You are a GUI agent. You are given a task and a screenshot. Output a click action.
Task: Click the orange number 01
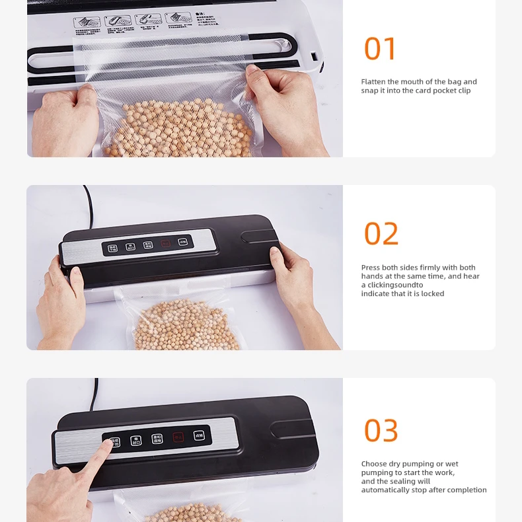(380, 49)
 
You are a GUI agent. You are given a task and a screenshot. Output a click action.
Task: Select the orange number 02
(381, 234)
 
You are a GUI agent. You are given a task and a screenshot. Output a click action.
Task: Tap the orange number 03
(381, 431)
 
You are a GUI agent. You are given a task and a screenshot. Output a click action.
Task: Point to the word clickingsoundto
(395, 285)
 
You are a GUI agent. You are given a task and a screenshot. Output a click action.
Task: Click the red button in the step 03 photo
(178, 437)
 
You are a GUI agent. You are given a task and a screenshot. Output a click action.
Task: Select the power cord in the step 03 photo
(96, 392)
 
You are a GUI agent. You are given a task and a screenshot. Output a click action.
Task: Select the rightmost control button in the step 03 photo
(198, 435)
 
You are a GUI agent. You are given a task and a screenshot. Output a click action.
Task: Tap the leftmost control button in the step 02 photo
(113, 248)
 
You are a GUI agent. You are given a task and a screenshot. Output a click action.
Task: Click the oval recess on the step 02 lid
(259, 236)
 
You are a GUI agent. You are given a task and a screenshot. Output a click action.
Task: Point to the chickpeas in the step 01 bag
(178, 129)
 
